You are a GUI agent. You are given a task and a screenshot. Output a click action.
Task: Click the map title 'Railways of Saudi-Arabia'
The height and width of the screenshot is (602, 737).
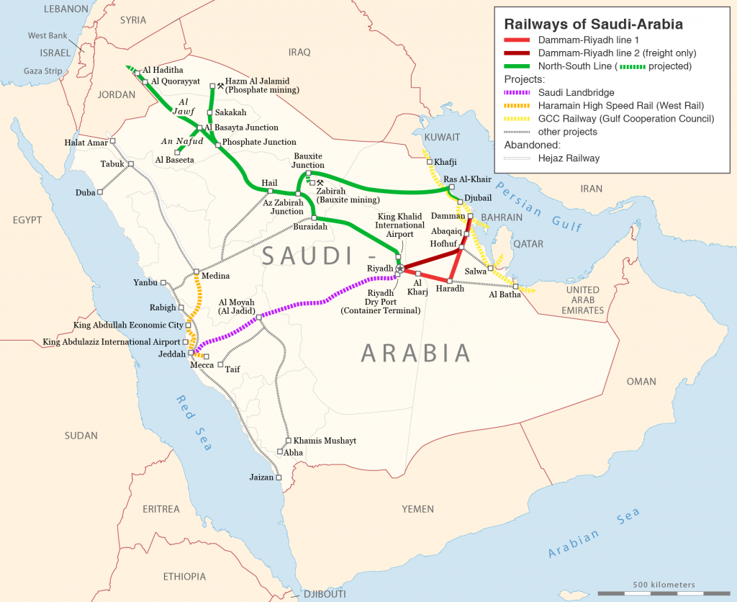[x=593, y=24]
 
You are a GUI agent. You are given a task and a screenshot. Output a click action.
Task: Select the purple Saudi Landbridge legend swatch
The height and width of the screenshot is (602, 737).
[x=517, y=92]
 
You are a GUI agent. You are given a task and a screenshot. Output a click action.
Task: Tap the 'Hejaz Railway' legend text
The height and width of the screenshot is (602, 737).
[x=569, y=158]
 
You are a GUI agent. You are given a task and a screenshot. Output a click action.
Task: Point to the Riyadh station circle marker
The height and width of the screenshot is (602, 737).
[x=400, y=268]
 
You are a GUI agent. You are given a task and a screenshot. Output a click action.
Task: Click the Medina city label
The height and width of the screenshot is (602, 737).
[x=216, y=276]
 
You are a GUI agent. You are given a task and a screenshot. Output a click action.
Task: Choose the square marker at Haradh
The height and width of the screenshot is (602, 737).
[x=450, y=280]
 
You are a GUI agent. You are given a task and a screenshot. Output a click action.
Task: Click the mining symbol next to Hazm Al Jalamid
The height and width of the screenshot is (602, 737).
[x=220, y=85]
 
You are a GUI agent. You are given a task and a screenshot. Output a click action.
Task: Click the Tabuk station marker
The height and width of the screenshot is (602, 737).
[x=131, y=164]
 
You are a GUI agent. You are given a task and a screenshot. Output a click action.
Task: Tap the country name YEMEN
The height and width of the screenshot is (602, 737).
[x=417, y=509]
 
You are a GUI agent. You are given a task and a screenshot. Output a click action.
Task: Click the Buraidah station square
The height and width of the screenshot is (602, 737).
[x=314, y=217]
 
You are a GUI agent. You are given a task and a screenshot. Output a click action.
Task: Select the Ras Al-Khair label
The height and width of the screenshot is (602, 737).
[x=467, y=179]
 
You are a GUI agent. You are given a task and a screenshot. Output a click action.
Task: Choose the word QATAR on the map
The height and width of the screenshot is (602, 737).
[x=528, y=244]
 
